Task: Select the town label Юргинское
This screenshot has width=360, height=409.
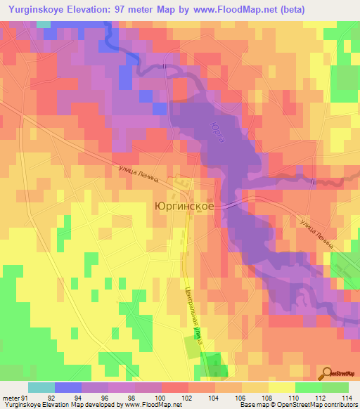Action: point(184,207)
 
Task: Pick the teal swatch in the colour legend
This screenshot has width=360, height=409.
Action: point(41,387)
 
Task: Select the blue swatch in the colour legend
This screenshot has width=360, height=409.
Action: point(67,387)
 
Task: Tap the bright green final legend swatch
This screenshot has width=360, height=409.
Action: point(335,387)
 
